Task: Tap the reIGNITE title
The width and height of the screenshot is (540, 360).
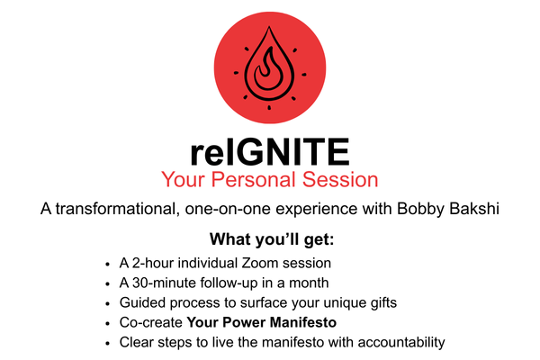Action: pos(270,152)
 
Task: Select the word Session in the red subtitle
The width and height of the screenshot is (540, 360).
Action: pos(340,179)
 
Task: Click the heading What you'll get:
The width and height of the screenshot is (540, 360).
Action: pos(272,239)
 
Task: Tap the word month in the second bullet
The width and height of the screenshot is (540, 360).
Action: pos(309,283)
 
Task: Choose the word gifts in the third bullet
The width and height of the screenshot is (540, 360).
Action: pos(383,302)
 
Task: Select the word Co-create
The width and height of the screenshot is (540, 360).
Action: pos(151,322)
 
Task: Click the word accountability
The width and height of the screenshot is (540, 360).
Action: pos(401,343)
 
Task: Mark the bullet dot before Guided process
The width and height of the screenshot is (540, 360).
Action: pos(108,304)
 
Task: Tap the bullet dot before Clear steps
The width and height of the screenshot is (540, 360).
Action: pos(108,344)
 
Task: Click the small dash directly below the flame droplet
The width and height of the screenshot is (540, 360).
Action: pos(269,108)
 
